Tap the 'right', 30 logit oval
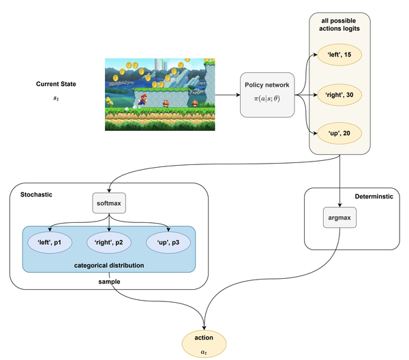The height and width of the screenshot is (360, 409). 339,95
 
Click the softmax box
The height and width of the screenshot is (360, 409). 110,203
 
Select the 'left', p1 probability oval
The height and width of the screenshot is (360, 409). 50,242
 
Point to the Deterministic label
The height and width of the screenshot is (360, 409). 374,196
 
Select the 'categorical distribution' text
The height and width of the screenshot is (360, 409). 109,265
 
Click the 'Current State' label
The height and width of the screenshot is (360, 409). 56,85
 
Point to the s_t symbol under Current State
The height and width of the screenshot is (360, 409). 56,100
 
